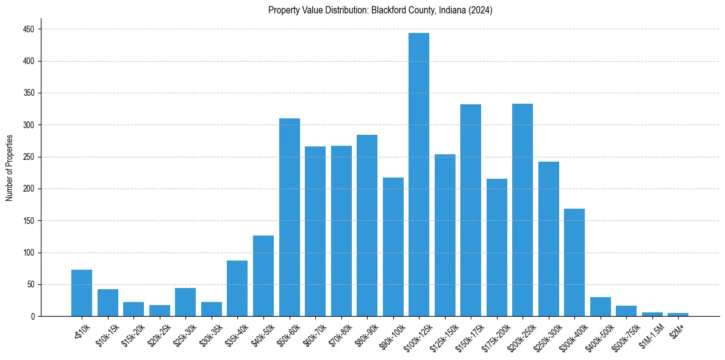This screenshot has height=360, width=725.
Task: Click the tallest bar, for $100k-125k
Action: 418,175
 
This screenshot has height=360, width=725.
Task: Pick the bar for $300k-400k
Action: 574,262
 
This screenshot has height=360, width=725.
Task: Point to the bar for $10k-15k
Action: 108,303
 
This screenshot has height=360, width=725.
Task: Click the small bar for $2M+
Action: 677,314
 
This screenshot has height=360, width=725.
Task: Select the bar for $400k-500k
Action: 600,307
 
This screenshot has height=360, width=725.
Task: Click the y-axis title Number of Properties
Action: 9,167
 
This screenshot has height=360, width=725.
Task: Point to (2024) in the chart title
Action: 480,10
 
